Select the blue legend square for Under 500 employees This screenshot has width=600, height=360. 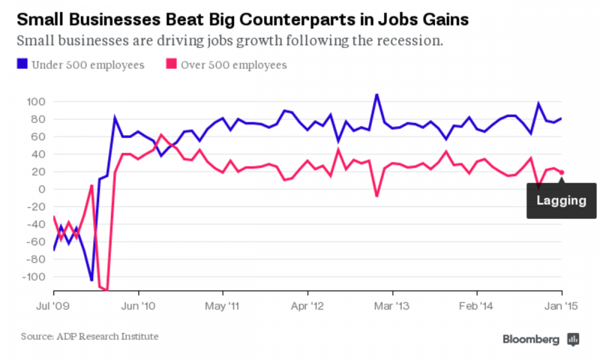[x=22, y=64]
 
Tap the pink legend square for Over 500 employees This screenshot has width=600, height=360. [x=172, y=64]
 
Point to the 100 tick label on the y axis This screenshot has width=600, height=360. [x=36, y=102]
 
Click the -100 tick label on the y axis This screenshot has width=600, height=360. [x=34, y=277]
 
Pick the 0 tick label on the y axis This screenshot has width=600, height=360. [x=42, y=190]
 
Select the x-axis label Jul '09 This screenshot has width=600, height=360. [x=53, y=306]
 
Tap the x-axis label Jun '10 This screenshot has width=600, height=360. [x=138, y=306]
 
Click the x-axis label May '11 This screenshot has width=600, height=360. [x=223, y=306]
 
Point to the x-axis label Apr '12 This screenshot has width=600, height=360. [x=307, y=306]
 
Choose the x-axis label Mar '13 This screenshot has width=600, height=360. [x=392, y=306]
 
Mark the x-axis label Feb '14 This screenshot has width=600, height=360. [x=476, y=306]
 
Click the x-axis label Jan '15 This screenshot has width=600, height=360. [x=562, y=306]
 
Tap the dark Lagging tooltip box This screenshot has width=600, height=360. [x=562, y=201]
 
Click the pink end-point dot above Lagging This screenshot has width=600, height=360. [x=562, y=173]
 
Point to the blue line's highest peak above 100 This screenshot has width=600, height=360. [x=377, y=94]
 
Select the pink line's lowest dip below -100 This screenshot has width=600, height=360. [x=107, y=290]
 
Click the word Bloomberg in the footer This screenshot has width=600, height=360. [x=531, y=340]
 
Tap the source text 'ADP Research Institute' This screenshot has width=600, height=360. [x=107, y=337]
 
